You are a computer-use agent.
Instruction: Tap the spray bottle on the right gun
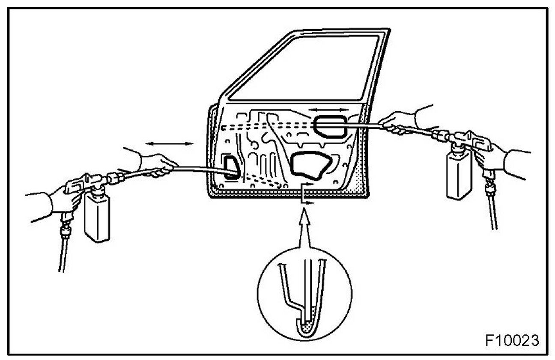[x=459, y=173]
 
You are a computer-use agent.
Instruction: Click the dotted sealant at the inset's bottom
[x=305, y=329]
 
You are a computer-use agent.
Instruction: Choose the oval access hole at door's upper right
[x=331, y=126]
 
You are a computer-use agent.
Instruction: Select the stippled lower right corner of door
[x=359, y=184]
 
